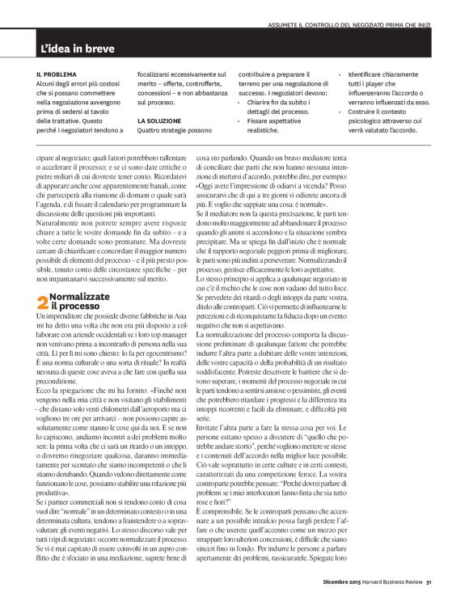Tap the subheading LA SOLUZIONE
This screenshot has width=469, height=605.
158,119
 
